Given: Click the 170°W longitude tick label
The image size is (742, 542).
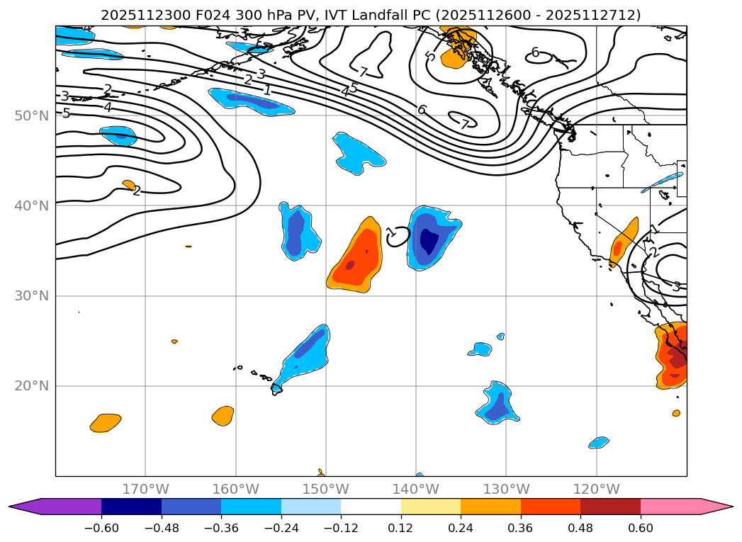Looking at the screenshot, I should coord(145,489).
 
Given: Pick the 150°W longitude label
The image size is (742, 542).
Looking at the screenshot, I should coord(325,489).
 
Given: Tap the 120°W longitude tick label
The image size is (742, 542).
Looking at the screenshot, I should coord(596,489).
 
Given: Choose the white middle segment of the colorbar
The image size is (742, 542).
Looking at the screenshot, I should coord(371,507).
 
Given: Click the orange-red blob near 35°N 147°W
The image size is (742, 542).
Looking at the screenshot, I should coord(357,259).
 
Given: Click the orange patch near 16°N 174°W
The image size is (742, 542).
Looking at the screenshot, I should coord(106,423).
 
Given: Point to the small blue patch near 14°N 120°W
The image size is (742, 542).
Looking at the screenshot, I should coord(599,443).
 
